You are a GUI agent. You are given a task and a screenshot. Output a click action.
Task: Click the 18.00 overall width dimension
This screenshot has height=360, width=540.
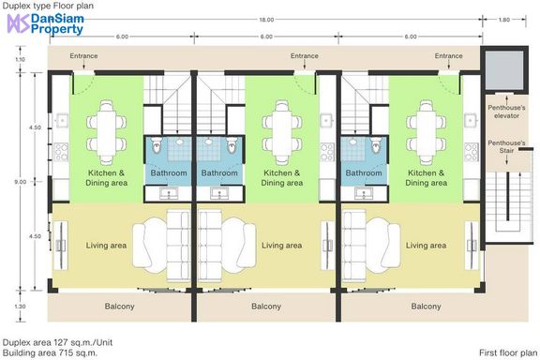[x=266, y=20]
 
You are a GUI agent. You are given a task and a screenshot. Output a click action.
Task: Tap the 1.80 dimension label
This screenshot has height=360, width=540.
[x=503, y=20]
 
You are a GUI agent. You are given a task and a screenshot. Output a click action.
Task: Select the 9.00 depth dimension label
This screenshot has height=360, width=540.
[x=21, y=182]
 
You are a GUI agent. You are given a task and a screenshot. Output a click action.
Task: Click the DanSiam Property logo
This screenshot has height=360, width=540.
[x=45, y=24]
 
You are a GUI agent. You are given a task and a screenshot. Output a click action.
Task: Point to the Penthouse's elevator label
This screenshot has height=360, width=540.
[x=506, y=112]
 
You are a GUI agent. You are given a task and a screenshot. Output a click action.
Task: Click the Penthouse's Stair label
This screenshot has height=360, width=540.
[x=506, y=146]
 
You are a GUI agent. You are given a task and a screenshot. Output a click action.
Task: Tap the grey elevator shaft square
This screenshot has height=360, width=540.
[x=504, y=69]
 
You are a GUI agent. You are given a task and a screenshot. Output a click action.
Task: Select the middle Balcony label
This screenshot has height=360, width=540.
[x=266, y=306]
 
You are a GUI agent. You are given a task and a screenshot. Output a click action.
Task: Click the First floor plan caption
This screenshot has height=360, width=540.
[x=508, y=352]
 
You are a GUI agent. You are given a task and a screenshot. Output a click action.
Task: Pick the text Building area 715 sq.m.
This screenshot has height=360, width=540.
[x=50, y=352]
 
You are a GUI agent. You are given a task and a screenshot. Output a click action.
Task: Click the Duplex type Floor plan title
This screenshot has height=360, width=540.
[x=48, y=6]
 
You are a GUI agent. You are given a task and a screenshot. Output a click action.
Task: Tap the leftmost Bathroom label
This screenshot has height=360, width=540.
[x=169, y=172]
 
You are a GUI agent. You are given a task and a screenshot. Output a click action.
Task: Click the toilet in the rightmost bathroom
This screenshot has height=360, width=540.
[x=377, y=145]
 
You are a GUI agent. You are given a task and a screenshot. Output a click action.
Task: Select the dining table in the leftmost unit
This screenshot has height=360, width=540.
[x=107, y=132]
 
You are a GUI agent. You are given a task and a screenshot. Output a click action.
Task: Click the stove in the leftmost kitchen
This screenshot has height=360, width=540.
[x=61, y=152]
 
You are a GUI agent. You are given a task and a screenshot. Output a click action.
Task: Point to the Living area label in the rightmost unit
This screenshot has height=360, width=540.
[x=426, y=246]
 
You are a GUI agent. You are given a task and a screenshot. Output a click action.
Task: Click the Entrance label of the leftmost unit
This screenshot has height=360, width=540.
[x=83, y=55]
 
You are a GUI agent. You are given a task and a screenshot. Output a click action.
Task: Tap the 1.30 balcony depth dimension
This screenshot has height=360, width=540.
[x=21, y=307]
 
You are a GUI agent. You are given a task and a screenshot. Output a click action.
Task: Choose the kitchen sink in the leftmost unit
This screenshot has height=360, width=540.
[x=62, y=121]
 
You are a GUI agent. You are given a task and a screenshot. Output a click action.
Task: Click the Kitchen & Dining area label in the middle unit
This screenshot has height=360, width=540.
[x=281, y=177]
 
